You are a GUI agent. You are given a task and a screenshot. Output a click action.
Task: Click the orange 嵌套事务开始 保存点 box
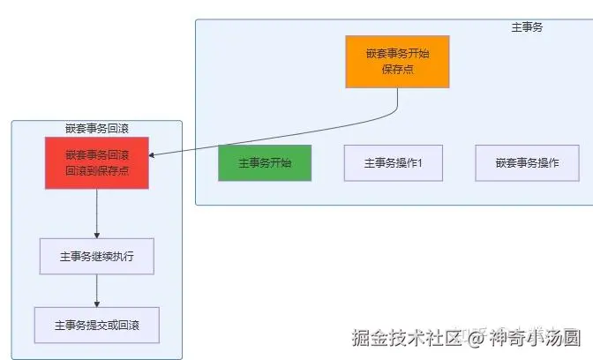pos(397,61)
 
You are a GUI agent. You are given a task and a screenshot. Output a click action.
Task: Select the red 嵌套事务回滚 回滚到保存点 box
pos(97,162)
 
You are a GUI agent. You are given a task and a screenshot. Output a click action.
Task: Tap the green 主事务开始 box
pos(265,163)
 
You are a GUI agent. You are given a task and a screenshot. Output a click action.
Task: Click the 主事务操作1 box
pos(394,163)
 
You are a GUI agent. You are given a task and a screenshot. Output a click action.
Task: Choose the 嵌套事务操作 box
pos(527,163)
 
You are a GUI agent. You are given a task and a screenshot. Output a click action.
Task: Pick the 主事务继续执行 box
pos(96,256)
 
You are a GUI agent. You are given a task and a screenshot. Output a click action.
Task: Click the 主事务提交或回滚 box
pos(96,325)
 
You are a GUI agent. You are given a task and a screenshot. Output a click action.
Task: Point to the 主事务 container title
pos(527,27)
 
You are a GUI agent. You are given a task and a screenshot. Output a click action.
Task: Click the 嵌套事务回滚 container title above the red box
pos(97,129)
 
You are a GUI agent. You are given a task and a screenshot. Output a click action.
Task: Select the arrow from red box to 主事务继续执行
pos(97,213)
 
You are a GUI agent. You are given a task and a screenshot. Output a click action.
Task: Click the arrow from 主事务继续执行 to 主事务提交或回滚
pos(97,290)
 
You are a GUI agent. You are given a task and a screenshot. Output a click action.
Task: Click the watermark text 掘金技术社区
pos(406,337)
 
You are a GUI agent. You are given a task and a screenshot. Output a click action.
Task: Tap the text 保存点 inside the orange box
pos(397,69)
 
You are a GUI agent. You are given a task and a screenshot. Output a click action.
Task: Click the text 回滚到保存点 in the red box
pos(97,170)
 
